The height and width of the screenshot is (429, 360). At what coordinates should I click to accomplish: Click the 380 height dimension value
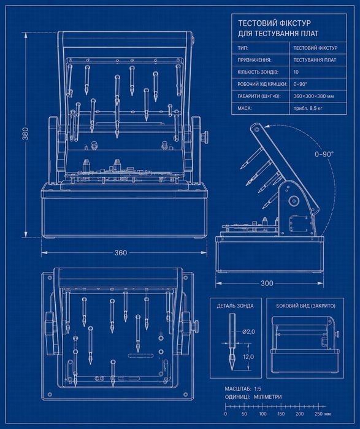25,134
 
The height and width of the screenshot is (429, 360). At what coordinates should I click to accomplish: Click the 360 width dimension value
121,252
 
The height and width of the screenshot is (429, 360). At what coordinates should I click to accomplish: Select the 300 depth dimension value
267,283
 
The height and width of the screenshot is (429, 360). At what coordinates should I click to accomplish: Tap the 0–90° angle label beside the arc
324,154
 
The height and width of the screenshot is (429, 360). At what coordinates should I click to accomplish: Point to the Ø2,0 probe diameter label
248,331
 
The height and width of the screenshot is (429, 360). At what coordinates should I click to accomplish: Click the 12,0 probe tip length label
248,357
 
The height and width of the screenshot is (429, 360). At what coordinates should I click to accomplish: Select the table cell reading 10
296,72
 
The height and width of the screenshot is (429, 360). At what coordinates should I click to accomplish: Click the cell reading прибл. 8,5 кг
308,108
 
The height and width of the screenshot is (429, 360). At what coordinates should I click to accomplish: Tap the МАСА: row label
244,108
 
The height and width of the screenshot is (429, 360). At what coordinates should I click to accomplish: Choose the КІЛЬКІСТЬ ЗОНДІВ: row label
258,72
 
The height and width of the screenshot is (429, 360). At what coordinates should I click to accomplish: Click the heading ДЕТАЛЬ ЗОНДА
235,306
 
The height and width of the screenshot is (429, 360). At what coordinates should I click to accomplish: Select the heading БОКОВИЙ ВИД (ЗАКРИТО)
305,306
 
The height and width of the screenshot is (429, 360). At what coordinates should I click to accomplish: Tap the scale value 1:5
257,388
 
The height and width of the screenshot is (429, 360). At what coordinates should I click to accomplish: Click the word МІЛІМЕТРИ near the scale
267,396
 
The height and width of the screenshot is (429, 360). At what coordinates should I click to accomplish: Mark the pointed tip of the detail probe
232,370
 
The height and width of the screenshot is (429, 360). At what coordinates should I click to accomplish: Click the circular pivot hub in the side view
294,201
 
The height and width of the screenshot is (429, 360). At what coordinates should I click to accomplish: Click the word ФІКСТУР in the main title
296,23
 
